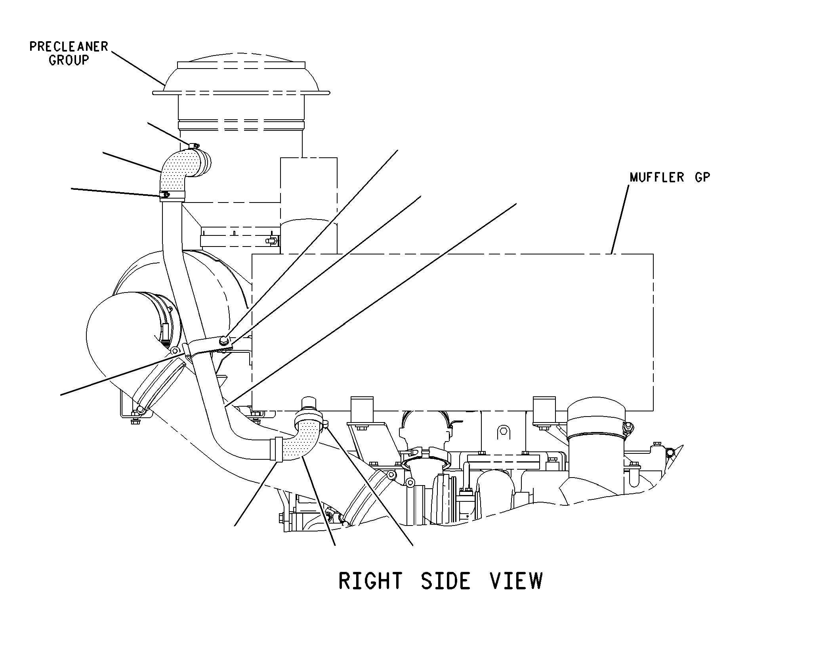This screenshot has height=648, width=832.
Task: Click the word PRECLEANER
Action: [x=69, y=47]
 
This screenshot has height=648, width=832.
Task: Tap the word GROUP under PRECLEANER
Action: [x=69, y=60]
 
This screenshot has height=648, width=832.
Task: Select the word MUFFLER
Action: [x=657, y=177]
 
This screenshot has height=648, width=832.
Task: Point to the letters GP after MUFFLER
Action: [x=702, y=177]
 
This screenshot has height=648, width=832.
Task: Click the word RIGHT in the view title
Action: [x=370, y=581]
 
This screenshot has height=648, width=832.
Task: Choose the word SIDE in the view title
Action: [x=445, y=581]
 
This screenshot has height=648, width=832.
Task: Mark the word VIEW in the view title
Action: [x=516, y=581]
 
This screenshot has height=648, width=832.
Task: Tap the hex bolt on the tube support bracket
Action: [x=223, y=339]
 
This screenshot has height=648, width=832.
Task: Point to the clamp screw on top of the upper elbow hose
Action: [x=194, y=146]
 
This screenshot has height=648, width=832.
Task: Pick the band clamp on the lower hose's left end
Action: [x=277, y=449]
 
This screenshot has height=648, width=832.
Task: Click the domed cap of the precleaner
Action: [x=241, y=73]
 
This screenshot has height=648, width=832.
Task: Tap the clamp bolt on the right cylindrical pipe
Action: [x=626, y=427]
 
